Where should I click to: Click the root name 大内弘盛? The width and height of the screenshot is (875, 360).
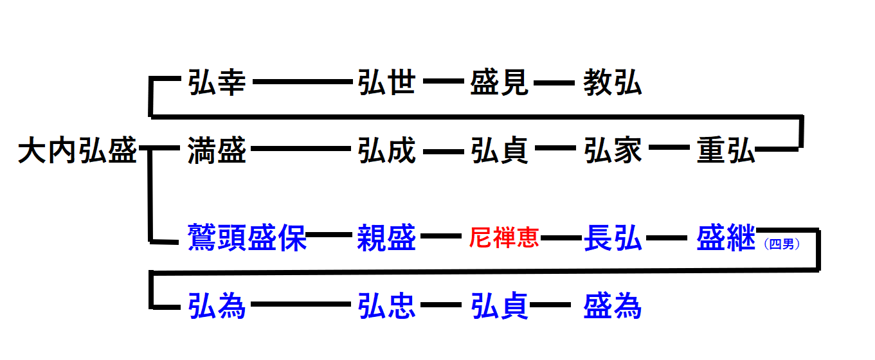tap(77, 152)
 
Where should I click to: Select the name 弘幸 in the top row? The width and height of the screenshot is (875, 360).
tap(217, 84)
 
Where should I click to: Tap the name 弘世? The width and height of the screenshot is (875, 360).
tap(386, 84)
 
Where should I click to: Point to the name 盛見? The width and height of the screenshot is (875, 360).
tap(500, 84)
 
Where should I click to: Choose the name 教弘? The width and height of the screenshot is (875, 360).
tap(613, 84)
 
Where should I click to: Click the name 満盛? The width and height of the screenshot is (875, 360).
tap(217, 152)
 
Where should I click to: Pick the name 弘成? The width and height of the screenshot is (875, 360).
tap(386, 152)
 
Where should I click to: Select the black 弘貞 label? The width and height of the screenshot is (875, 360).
tap(500, 152)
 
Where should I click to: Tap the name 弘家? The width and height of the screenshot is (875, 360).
tap(613, 152)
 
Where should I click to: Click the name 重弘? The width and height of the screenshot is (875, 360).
tap(726, 152)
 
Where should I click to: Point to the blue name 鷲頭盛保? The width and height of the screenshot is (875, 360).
tap(247, 239)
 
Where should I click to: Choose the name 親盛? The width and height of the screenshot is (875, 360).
tap(386, 239)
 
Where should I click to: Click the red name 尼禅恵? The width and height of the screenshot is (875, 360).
tap(504, 239)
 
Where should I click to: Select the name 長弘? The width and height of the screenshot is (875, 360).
tap(613, 239)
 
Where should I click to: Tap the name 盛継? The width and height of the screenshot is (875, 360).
tap(726, 239)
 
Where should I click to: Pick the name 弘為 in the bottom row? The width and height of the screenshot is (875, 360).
tap(217, 306)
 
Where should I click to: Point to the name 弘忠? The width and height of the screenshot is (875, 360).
tap(386, 306)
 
